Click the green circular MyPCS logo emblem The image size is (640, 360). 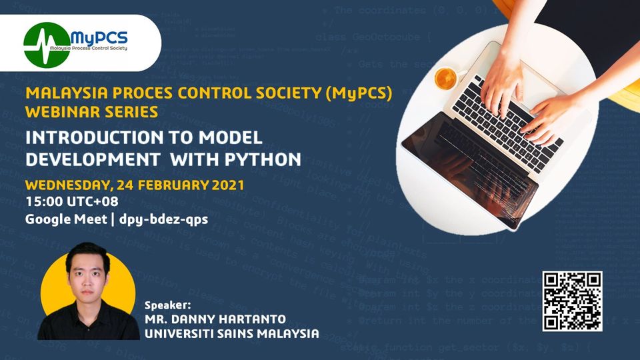(46, 41)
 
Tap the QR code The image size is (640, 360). (572, 301)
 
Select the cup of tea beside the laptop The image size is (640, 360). (445, 78)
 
